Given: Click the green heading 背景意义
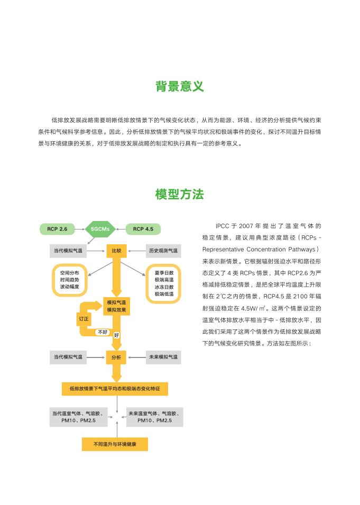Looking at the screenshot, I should [180, 86].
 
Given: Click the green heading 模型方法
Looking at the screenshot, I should [180, 194].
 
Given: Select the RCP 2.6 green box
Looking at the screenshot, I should [57, 229].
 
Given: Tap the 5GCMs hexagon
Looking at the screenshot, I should [100, 229].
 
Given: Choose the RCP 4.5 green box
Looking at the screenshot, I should [143, 229].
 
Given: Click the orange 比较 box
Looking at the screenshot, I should [116, 250].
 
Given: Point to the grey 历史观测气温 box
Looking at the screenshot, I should [163, 250].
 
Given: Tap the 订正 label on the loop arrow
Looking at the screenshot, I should [84, 319].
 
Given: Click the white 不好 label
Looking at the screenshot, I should [102, 332].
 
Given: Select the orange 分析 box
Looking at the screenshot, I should [116, 357].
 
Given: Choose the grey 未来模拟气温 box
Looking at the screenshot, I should [163, 357].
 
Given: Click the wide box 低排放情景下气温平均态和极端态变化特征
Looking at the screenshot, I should [115, 389].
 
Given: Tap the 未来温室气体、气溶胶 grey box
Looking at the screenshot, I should [155, 416].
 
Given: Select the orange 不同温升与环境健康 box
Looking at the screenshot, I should [115, 444].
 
